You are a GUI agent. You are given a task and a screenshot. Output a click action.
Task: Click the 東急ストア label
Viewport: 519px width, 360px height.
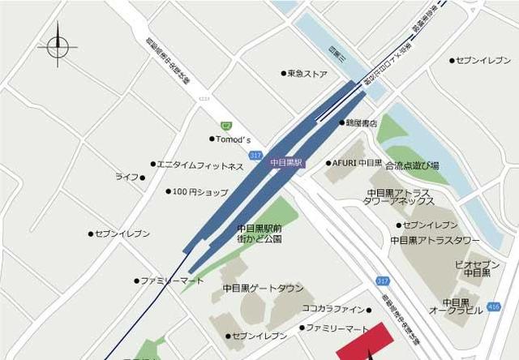pyautogui.click(x=307, y=74)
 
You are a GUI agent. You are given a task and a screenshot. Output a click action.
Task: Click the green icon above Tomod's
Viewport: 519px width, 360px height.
pyautogui.click(x=226, y=125)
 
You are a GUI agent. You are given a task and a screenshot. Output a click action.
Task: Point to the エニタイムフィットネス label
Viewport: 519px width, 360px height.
pyautogui.click(x=199, y=166)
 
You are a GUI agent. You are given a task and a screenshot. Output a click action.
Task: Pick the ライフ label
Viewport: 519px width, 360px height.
pyautogui.click(x=127, y=177)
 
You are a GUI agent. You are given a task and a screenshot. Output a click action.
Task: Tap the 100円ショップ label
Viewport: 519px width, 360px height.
pyautogui.click(x=199, y=192)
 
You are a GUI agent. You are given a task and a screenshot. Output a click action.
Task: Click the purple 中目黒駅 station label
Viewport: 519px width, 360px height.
pyautogui.click(x=286, y=162)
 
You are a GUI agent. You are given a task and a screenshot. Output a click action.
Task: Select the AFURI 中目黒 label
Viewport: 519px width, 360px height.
pyautogui.click(x=357, y=163)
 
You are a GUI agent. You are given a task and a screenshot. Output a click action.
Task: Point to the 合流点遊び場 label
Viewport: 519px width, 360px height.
pyautogui.click(x=412, y=165)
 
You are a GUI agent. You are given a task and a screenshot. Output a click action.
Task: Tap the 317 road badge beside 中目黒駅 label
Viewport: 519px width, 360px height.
pyautogui.click(x=256, y=155)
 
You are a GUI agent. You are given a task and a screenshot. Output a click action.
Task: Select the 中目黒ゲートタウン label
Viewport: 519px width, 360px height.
pyautogui.click(x=263, y=289)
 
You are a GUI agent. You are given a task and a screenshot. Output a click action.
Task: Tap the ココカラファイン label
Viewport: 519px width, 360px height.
pyautogui.click(x=333, y=309)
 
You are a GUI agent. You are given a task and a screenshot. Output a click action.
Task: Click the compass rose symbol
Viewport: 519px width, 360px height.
pyautogui.click(x=58, y=46)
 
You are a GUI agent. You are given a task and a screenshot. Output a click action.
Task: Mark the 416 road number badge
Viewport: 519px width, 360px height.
pyautogui.click(x=494, y=309)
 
